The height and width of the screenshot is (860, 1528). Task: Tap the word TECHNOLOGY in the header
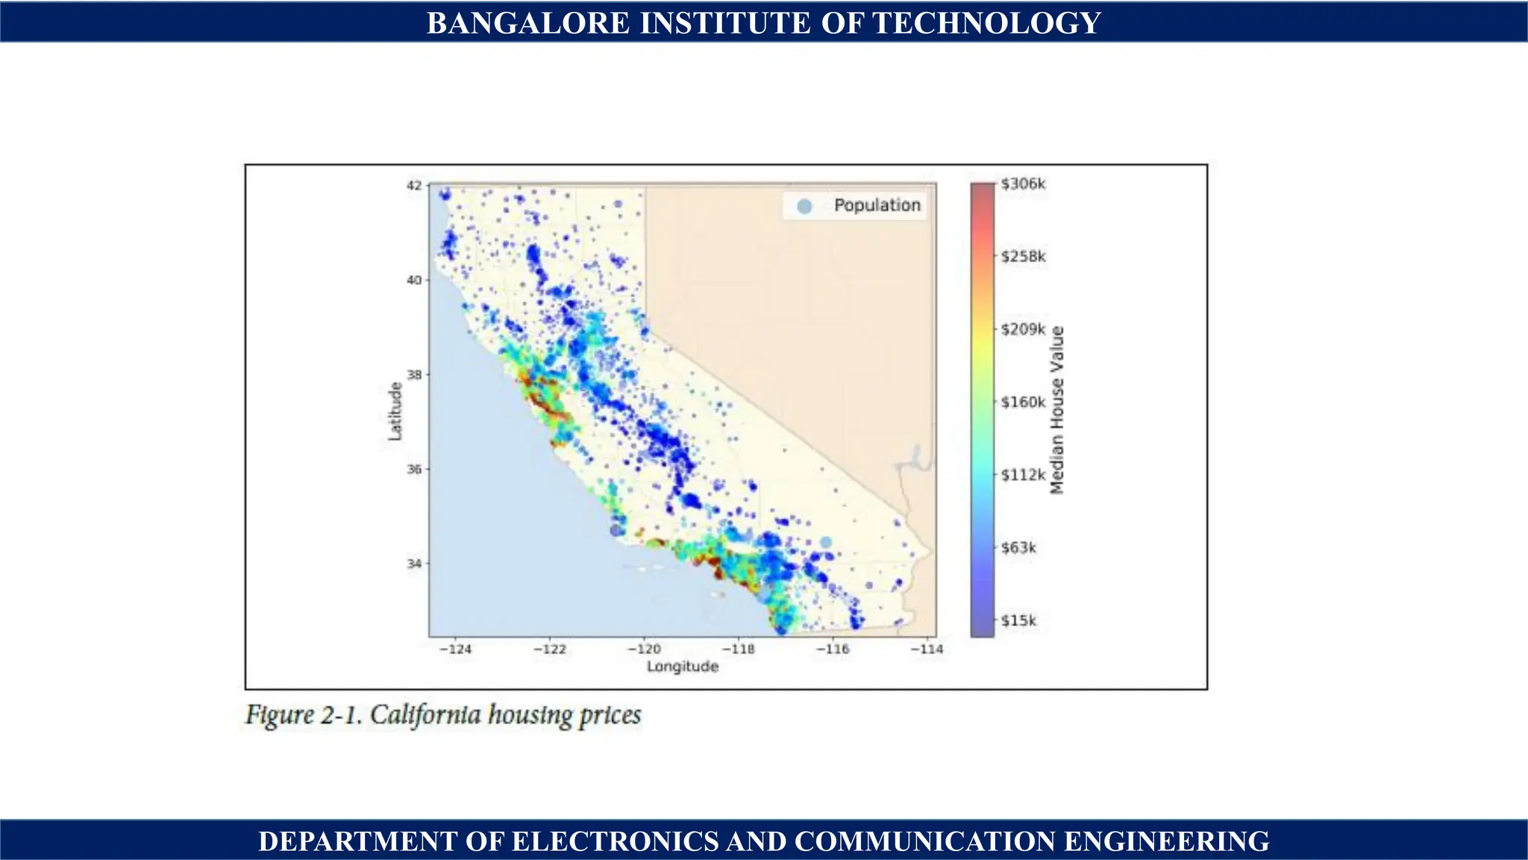987,23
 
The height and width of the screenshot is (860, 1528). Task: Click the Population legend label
877,205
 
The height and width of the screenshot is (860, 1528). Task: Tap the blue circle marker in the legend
804,207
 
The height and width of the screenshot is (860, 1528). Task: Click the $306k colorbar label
1023,184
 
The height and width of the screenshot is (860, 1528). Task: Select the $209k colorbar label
1023,329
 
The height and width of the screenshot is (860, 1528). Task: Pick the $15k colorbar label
1018,621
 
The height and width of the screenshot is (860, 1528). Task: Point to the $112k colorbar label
1023,475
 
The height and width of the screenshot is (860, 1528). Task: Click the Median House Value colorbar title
1057,410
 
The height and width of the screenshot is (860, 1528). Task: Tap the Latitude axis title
395,411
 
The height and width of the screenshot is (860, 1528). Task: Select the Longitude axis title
683,667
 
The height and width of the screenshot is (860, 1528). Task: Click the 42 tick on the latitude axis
414,186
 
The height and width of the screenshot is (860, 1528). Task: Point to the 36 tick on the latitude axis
414,470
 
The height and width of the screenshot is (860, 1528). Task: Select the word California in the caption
425,715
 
